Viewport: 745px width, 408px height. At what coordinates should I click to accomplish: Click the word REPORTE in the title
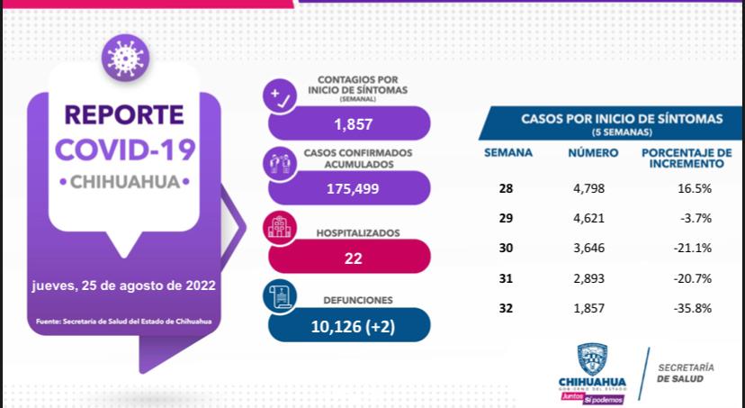123,115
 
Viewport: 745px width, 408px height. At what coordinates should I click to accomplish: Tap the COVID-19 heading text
123,149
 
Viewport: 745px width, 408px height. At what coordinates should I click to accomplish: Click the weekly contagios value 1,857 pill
349,124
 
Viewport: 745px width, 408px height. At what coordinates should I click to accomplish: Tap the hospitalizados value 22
353,258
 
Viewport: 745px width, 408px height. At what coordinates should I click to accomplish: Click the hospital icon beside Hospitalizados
278,229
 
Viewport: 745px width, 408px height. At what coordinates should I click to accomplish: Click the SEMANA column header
508,153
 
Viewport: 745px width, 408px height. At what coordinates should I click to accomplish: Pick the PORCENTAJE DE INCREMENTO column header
686,159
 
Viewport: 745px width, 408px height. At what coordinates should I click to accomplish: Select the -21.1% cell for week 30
694,248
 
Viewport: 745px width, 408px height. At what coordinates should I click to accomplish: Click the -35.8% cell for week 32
694,307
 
